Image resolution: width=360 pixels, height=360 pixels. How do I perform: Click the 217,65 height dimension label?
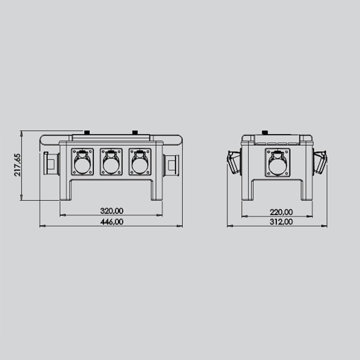click(x=18, y=165)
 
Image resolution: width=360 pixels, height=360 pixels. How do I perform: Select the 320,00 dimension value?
click(x=112, y=211)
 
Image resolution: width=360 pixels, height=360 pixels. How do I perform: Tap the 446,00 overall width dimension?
click(x=112, y=222)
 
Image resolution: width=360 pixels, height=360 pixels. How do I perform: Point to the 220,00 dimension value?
click(x=281, y=212)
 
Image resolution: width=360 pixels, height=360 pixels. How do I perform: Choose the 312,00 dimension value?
click(x=281, y=222)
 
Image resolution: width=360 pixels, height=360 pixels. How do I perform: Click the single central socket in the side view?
click(x=277, y=162)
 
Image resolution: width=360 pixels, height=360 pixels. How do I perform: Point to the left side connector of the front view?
click(x=51, y=163)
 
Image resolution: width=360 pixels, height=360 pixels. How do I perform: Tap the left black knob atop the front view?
click(x=87, y=132)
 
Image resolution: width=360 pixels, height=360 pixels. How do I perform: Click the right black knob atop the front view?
click(x=135, y=132)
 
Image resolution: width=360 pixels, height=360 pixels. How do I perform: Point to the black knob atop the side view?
click(x=265, y=132)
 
